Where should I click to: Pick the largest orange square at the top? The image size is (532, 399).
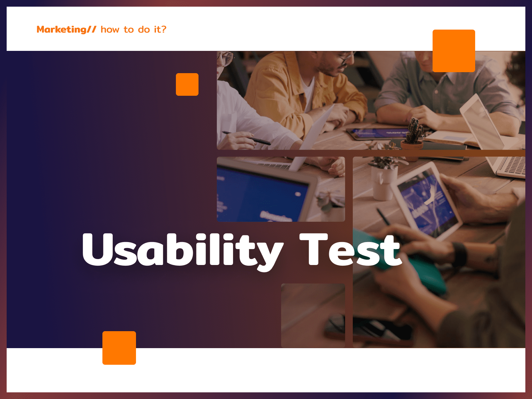pyautogui.click(x=454, y=51)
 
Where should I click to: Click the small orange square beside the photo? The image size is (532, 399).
pyautogui.click(x=187, y=84)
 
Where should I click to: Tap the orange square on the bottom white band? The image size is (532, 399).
pyautogui.click(x=119, y=348)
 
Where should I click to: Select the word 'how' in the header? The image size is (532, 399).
pyautogui.click(x=110, y=30)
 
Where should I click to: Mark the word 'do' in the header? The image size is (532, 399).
pyautogui.click(x=144, y=30)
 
